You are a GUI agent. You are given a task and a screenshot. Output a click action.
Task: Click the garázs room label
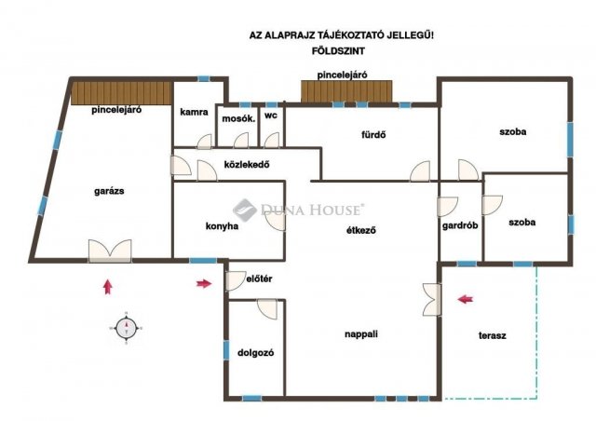pos(109,191)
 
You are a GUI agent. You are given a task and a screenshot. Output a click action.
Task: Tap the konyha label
pos(222,226)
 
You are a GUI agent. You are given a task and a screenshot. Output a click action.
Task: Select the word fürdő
pos(373,135)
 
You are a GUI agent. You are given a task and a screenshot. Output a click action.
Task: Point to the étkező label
pos(361,230)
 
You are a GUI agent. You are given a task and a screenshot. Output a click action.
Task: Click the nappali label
pos(361,334)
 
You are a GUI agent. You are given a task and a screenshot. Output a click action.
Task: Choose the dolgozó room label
pos(255,353)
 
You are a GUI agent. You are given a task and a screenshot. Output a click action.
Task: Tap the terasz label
pos(493,336)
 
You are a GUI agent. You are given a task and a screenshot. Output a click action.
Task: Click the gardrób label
pos(460,225)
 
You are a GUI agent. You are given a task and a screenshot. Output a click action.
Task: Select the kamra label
pos(194,112)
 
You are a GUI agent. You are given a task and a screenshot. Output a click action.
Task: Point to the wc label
pos(271,115)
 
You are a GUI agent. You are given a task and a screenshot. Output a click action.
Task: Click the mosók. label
pos(238,118)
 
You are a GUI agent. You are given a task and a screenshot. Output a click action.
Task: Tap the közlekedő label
pos(247,165)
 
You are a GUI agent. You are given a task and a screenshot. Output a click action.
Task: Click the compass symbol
pos(126,328)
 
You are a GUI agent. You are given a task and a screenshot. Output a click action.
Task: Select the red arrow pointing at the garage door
pos(108,287)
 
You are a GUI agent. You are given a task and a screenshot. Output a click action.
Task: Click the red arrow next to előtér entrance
pos(204,283)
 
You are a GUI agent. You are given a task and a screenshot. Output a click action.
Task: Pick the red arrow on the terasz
pos(466,299)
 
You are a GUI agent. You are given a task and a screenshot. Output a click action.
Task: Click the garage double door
pos(110,251)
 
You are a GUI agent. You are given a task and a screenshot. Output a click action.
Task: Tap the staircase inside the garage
pos(122,93)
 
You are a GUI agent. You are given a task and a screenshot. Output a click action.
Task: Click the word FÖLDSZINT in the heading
pos(338,51)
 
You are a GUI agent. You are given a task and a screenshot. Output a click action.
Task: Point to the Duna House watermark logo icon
pos(245,210)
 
